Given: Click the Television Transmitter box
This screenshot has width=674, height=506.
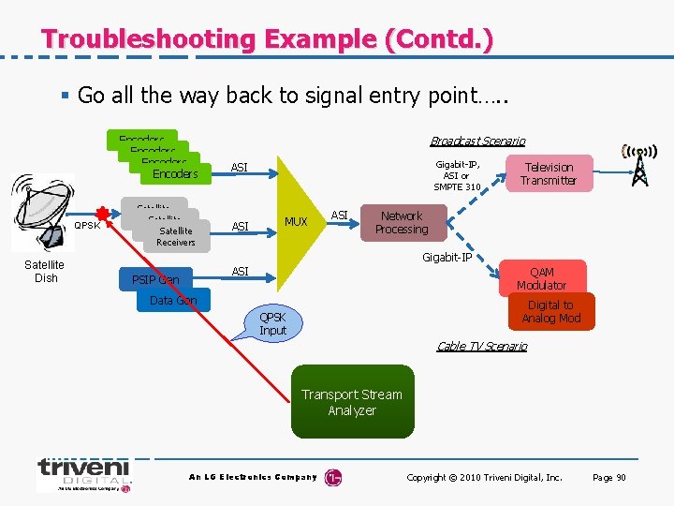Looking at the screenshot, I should click(548, 173).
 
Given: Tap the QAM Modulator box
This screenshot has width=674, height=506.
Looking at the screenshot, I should click(541, 278).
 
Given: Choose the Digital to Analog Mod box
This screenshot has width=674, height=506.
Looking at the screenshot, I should click(550, 312).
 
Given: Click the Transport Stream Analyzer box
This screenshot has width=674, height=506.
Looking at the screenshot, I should click(351, 403).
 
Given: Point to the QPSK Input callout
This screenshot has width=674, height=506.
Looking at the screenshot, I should click(272, 323).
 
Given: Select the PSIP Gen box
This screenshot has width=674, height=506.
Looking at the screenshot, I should click(156, 279).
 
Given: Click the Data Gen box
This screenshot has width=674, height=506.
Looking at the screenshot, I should click(173, 301).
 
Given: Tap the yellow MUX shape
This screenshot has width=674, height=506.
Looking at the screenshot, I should click(294, 222).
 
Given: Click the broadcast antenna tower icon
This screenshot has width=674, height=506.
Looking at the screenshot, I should click(639, 165).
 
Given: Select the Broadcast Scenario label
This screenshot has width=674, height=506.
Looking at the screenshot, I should click(477, 141).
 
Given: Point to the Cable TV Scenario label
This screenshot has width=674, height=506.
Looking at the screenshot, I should click(481, 347).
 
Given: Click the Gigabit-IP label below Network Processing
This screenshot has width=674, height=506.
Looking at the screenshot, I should click(447, 258).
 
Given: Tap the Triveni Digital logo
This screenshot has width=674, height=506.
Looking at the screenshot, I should click(84, 474).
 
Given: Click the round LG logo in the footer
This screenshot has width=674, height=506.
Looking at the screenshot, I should click(332, 478).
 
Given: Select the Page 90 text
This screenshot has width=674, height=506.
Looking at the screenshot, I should click(608, 478).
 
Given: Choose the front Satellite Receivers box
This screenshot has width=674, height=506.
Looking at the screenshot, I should click(175, 236).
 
